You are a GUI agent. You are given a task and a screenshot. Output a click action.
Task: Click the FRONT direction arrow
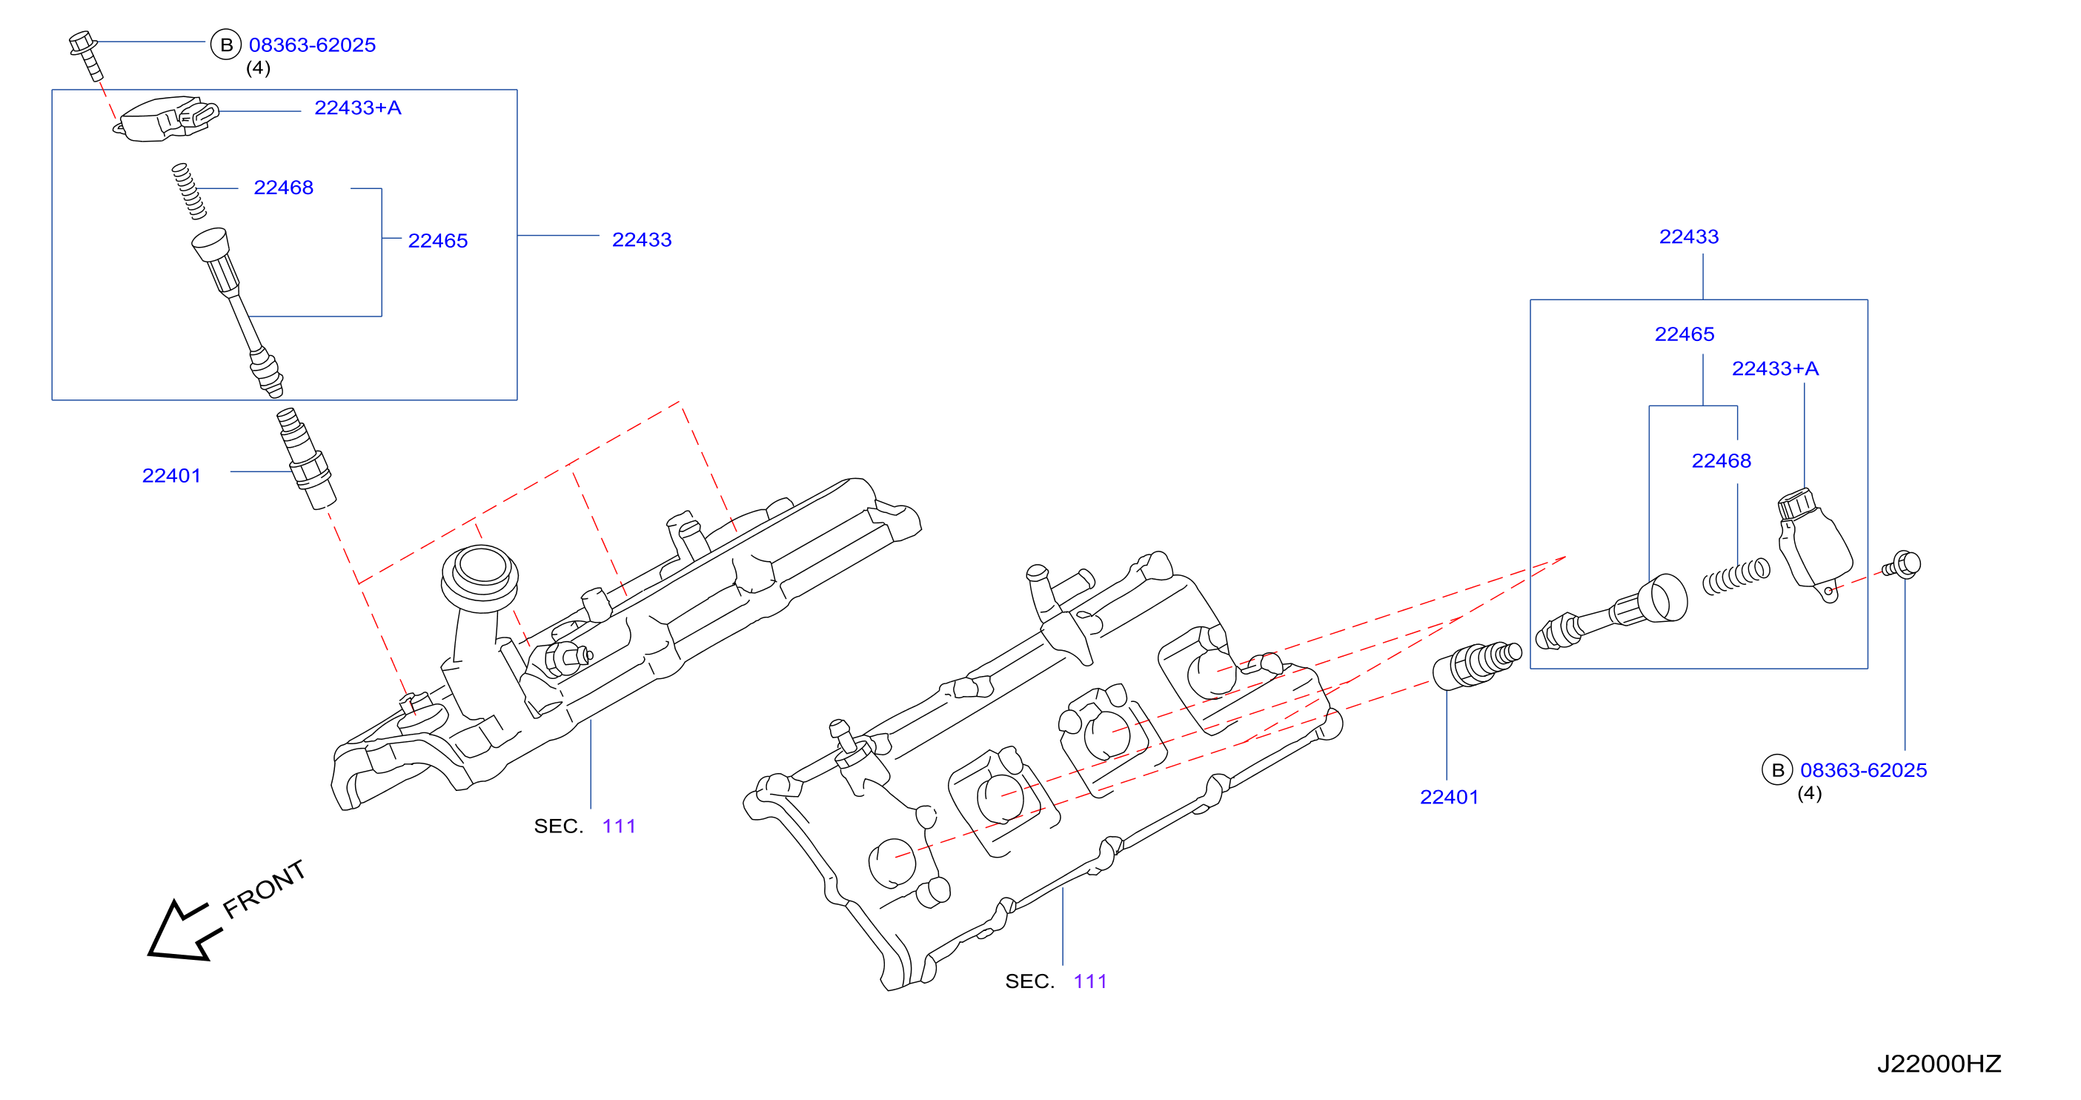(x=182, y=931)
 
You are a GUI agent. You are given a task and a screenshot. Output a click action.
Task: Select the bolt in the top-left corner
(x=87, y=55)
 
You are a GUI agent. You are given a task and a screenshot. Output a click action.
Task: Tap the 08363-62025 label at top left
(x=312, y=45)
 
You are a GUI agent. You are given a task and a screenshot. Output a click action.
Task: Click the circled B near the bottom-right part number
(x=1776, y=769)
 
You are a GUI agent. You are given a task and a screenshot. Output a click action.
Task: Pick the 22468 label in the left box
(x=284, y=188)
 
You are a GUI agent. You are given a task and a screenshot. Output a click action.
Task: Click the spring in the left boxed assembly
(x=189, y=191)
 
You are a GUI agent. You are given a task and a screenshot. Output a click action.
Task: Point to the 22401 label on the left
(x=171, y=475)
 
